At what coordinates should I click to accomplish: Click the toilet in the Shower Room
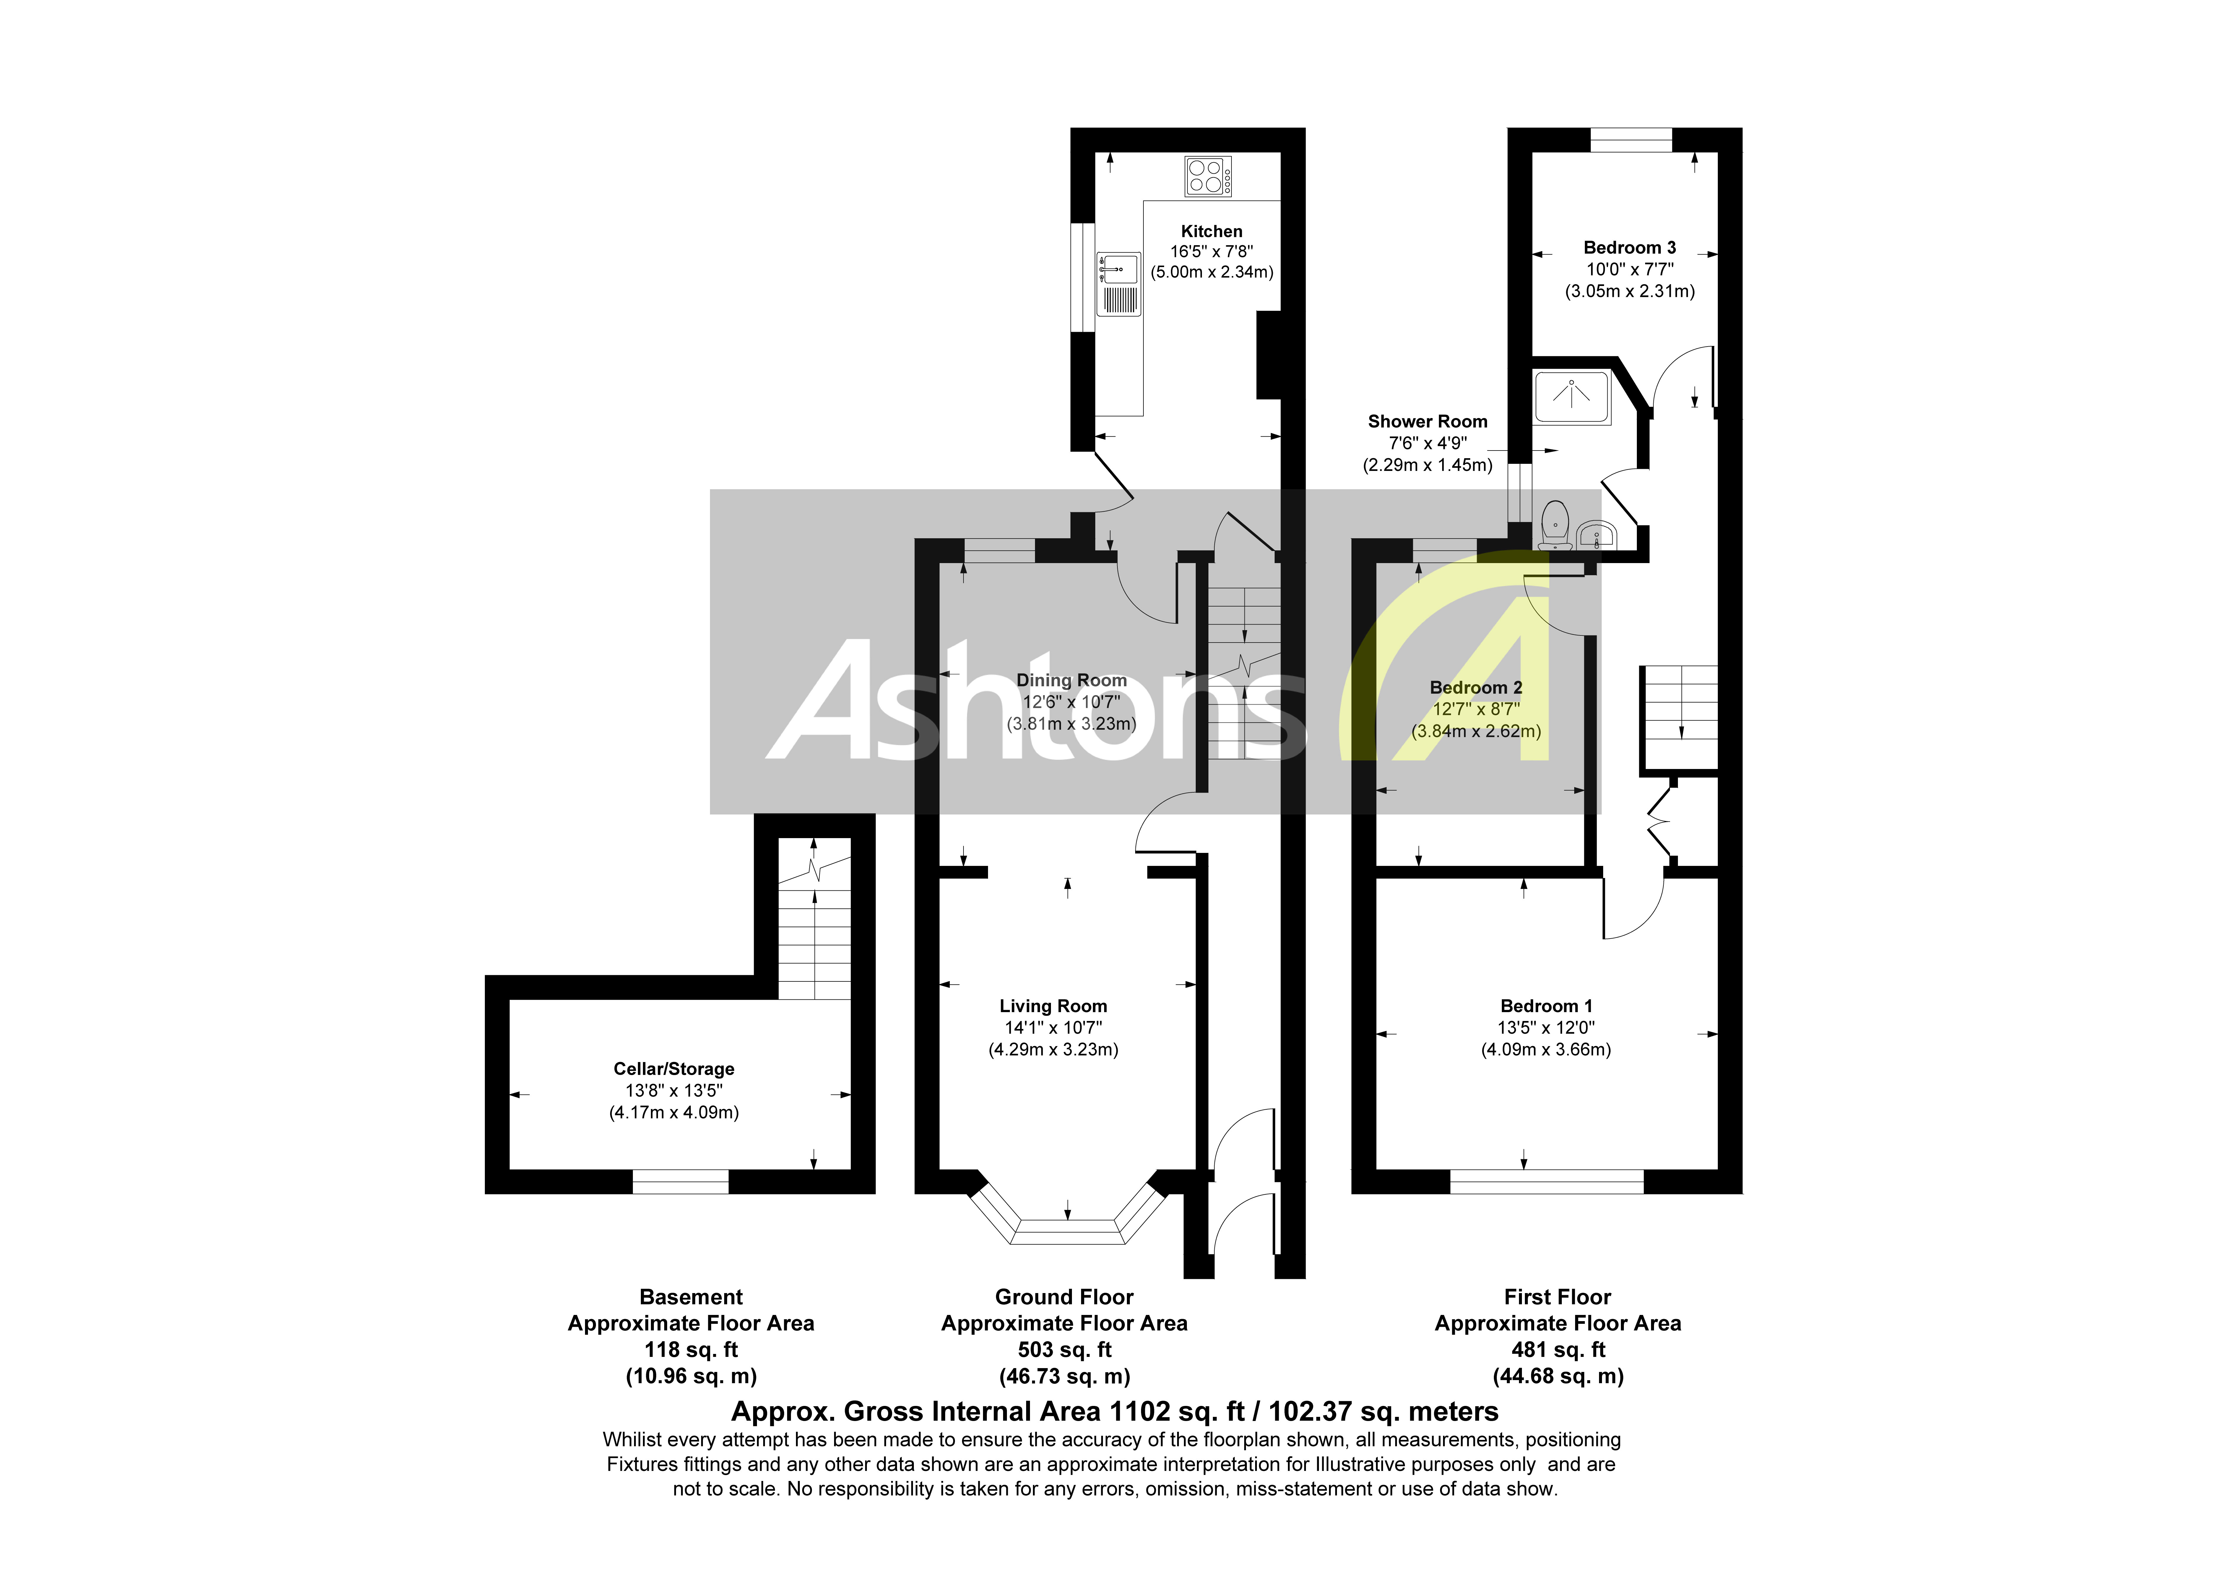[1554, 524]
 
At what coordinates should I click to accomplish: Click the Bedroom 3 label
[1629, 248]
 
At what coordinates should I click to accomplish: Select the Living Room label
[1053, 1006]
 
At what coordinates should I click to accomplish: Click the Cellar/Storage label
[674, 1069]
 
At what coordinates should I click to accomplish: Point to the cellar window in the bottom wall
[681, 1181]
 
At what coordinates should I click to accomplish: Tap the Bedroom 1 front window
[1547, 1181]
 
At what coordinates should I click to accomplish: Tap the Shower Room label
[1428, 421]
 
